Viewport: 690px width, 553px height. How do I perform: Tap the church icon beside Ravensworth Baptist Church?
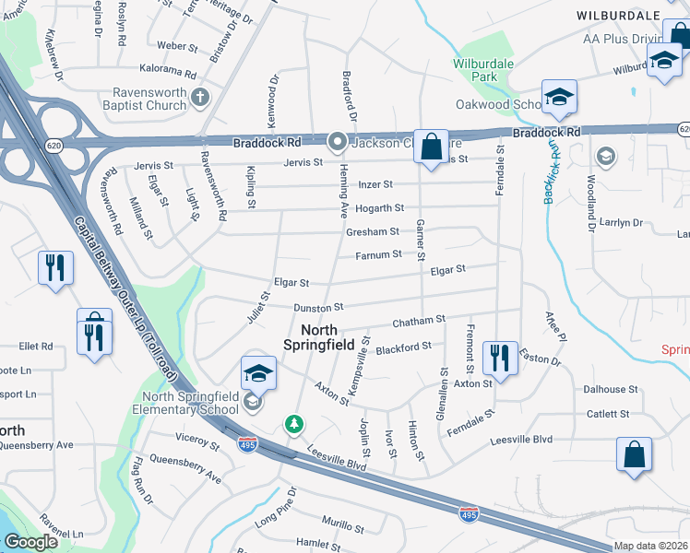pyautogui.click(x=200, y=97)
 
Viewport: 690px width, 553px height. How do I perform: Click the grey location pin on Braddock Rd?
pyautogui.click(x=337, y=142)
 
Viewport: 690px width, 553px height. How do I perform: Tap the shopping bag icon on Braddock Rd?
pyautogui.click(x=431, y=147)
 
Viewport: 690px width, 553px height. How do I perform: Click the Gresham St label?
pyautogui.click(x=372, y=232)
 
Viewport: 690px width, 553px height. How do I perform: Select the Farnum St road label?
pyautogui.click(x=379, y=253)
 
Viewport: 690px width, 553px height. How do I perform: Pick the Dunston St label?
pyautogui.click(x=318, y=307)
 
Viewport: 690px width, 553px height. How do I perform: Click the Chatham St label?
pyautogui.click(x=419, y=321)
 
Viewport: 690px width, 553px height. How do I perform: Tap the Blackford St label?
pyautogui.click(x=404, y=347)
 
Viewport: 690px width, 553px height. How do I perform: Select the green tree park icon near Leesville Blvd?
pyautogui.click(x=294, y=425)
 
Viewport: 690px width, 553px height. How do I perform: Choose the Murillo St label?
pyautogui.click(x=342, y=526)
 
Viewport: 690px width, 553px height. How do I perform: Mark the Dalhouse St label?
pyautogui.click(x=611, y=390)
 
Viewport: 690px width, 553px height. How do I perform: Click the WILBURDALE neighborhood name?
pyautogui.click(x=618, y=16)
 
